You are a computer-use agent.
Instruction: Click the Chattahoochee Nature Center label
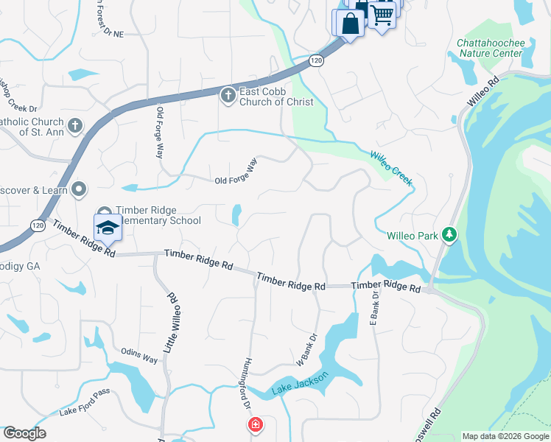point(491,48)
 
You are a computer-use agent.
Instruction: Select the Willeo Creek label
point(390,166)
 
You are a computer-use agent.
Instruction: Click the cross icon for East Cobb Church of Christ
point(228,96)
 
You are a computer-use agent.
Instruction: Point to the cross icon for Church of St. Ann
point(74,125)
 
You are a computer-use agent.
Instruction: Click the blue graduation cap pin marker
point(108,228)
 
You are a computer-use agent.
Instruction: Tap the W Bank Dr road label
point(307,348)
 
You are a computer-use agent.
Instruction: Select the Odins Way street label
point(138,359)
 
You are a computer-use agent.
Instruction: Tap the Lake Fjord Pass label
point(84,410)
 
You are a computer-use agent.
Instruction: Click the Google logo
point(24,433)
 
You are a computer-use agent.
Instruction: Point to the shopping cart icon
point(382,13)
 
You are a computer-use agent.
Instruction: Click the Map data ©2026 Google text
point(505,436)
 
